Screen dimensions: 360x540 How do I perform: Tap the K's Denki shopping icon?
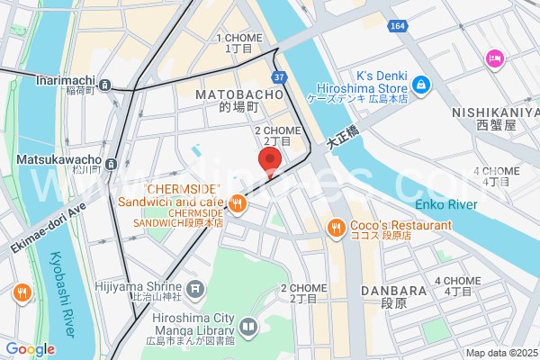pos(420,85)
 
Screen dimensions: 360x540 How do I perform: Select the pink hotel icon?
pos(494,58)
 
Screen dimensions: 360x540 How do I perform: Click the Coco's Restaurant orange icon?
pos(336,227)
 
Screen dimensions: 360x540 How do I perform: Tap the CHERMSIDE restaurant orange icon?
pos(237,203)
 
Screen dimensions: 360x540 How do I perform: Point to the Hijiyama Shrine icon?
pos(197,290)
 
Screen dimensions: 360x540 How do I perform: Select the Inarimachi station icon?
pos(105,85)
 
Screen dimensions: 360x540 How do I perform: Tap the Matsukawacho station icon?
pos(111,164)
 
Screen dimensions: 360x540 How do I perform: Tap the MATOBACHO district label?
pos(238,94)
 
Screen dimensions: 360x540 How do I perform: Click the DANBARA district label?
pos(392,291)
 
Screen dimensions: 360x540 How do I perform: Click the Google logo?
pos(30,349)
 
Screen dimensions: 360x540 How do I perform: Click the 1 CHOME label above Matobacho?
pos(238,38)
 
